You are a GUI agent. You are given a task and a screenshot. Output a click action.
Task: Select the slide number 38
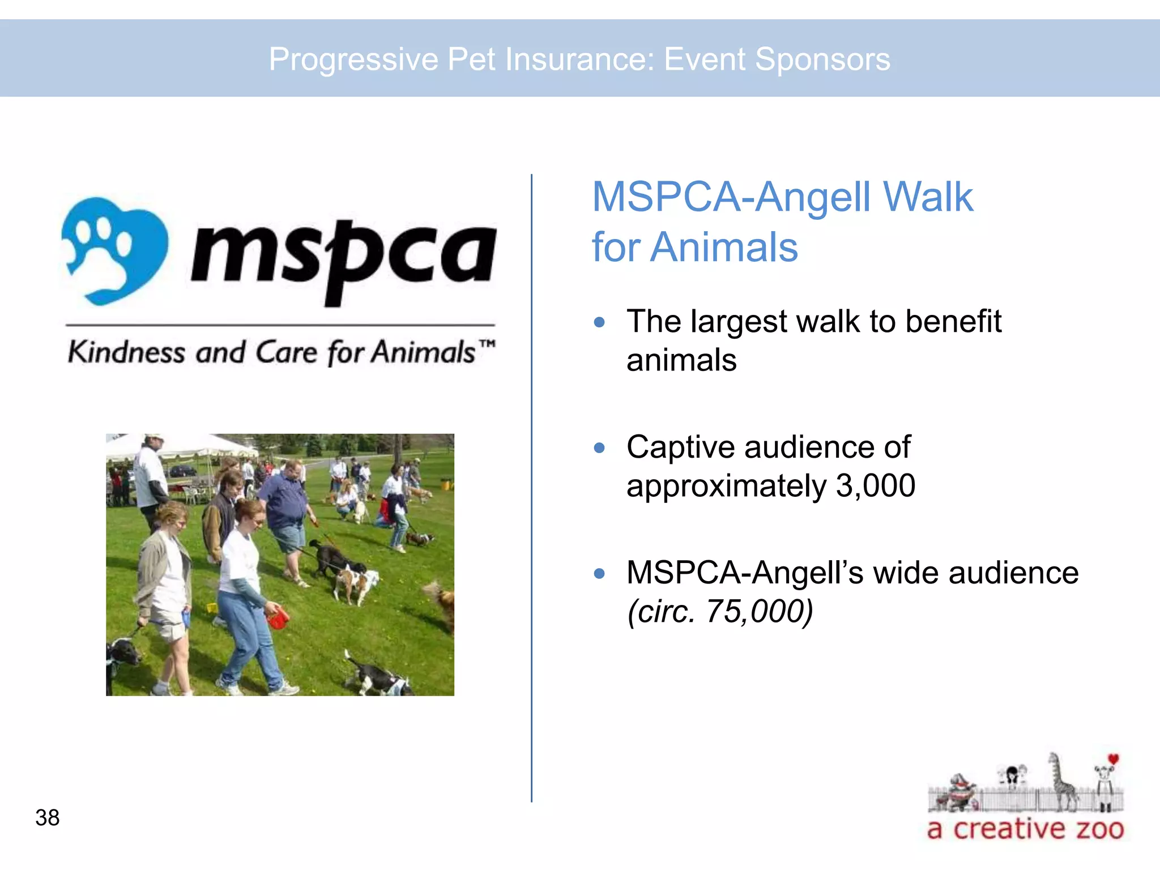point(47,817)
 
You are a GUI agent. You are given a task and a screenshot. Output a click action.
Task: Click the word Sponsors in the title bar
point(822,59)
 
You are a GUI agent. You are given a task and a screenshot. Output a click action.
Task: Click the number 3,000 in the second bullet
point(875,486)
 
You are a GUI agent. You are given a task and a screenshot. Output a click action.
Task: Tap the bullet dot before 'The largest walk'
point(599,322)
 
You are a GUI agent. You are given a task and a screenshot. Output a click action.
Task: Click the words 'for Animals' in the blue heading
point(694,248)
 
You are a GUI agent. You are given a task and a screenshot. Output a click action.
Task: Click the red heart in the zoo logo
point(1114,759)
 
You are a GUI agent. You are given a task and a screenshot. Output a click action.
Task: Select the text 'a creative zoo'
point(1025,829)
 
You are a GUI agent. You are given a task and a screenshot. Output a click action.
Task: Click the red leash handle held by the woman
point(278,617)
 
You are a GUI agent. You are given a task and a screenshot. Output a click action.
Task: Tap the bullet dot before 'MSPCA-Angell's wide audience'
point(599,573)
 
